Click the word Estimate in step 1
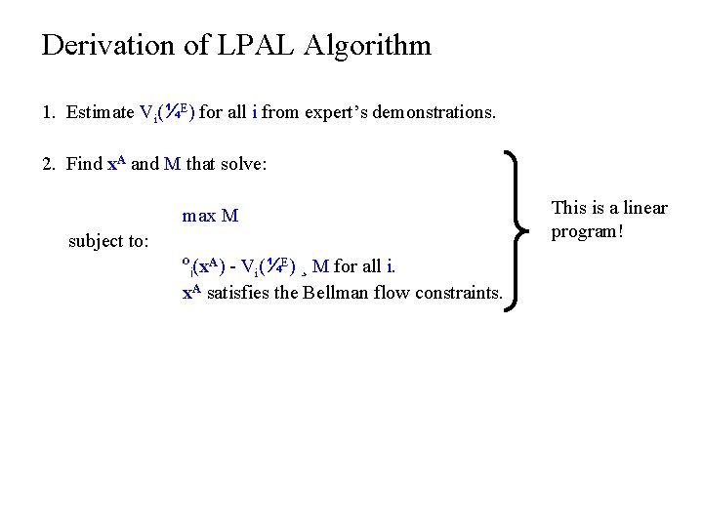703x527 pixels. [101, 113]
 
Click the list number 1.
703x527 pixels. [47, 113]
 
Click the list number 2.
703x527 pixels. [47, 164]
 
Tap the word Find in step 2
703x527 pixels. [84, 164]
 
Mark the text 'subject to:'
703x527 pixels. [108, 241]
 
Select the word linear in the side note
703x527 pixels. [644, 208]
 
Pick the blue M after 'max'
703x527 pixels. [230, 216]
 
